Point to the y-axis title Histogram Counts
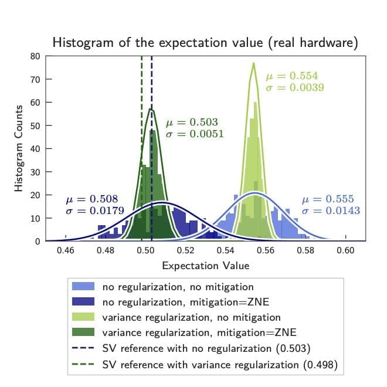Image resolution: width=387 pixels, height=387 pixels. pos(19,148)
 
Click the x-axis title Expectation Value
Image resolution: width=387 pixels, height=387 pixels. pos(205,266)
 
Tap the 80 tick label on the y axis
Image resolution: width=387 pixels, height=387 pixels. pos(34,56)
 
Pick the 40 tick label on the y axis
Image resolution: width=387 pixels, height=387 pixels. pos(34,148)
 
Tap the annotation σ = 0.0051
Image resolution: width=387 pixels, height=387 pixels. pos(194,134)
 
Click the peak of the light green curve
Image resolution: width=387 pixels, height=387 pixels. pos(253,63)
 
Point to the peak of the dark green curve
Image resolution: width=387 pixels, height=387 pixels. pos(151,109)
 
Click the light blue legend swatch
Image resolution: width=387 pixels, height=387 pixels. pos(83,287)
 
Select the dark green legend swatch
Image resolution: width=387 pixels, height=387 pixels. pos(83,333)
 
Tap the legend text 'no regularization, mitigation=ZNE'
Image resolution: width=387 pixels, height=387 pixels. pos(178,303)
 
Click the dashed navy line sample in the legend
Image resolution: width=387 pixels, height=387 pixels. pos(83,348)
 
